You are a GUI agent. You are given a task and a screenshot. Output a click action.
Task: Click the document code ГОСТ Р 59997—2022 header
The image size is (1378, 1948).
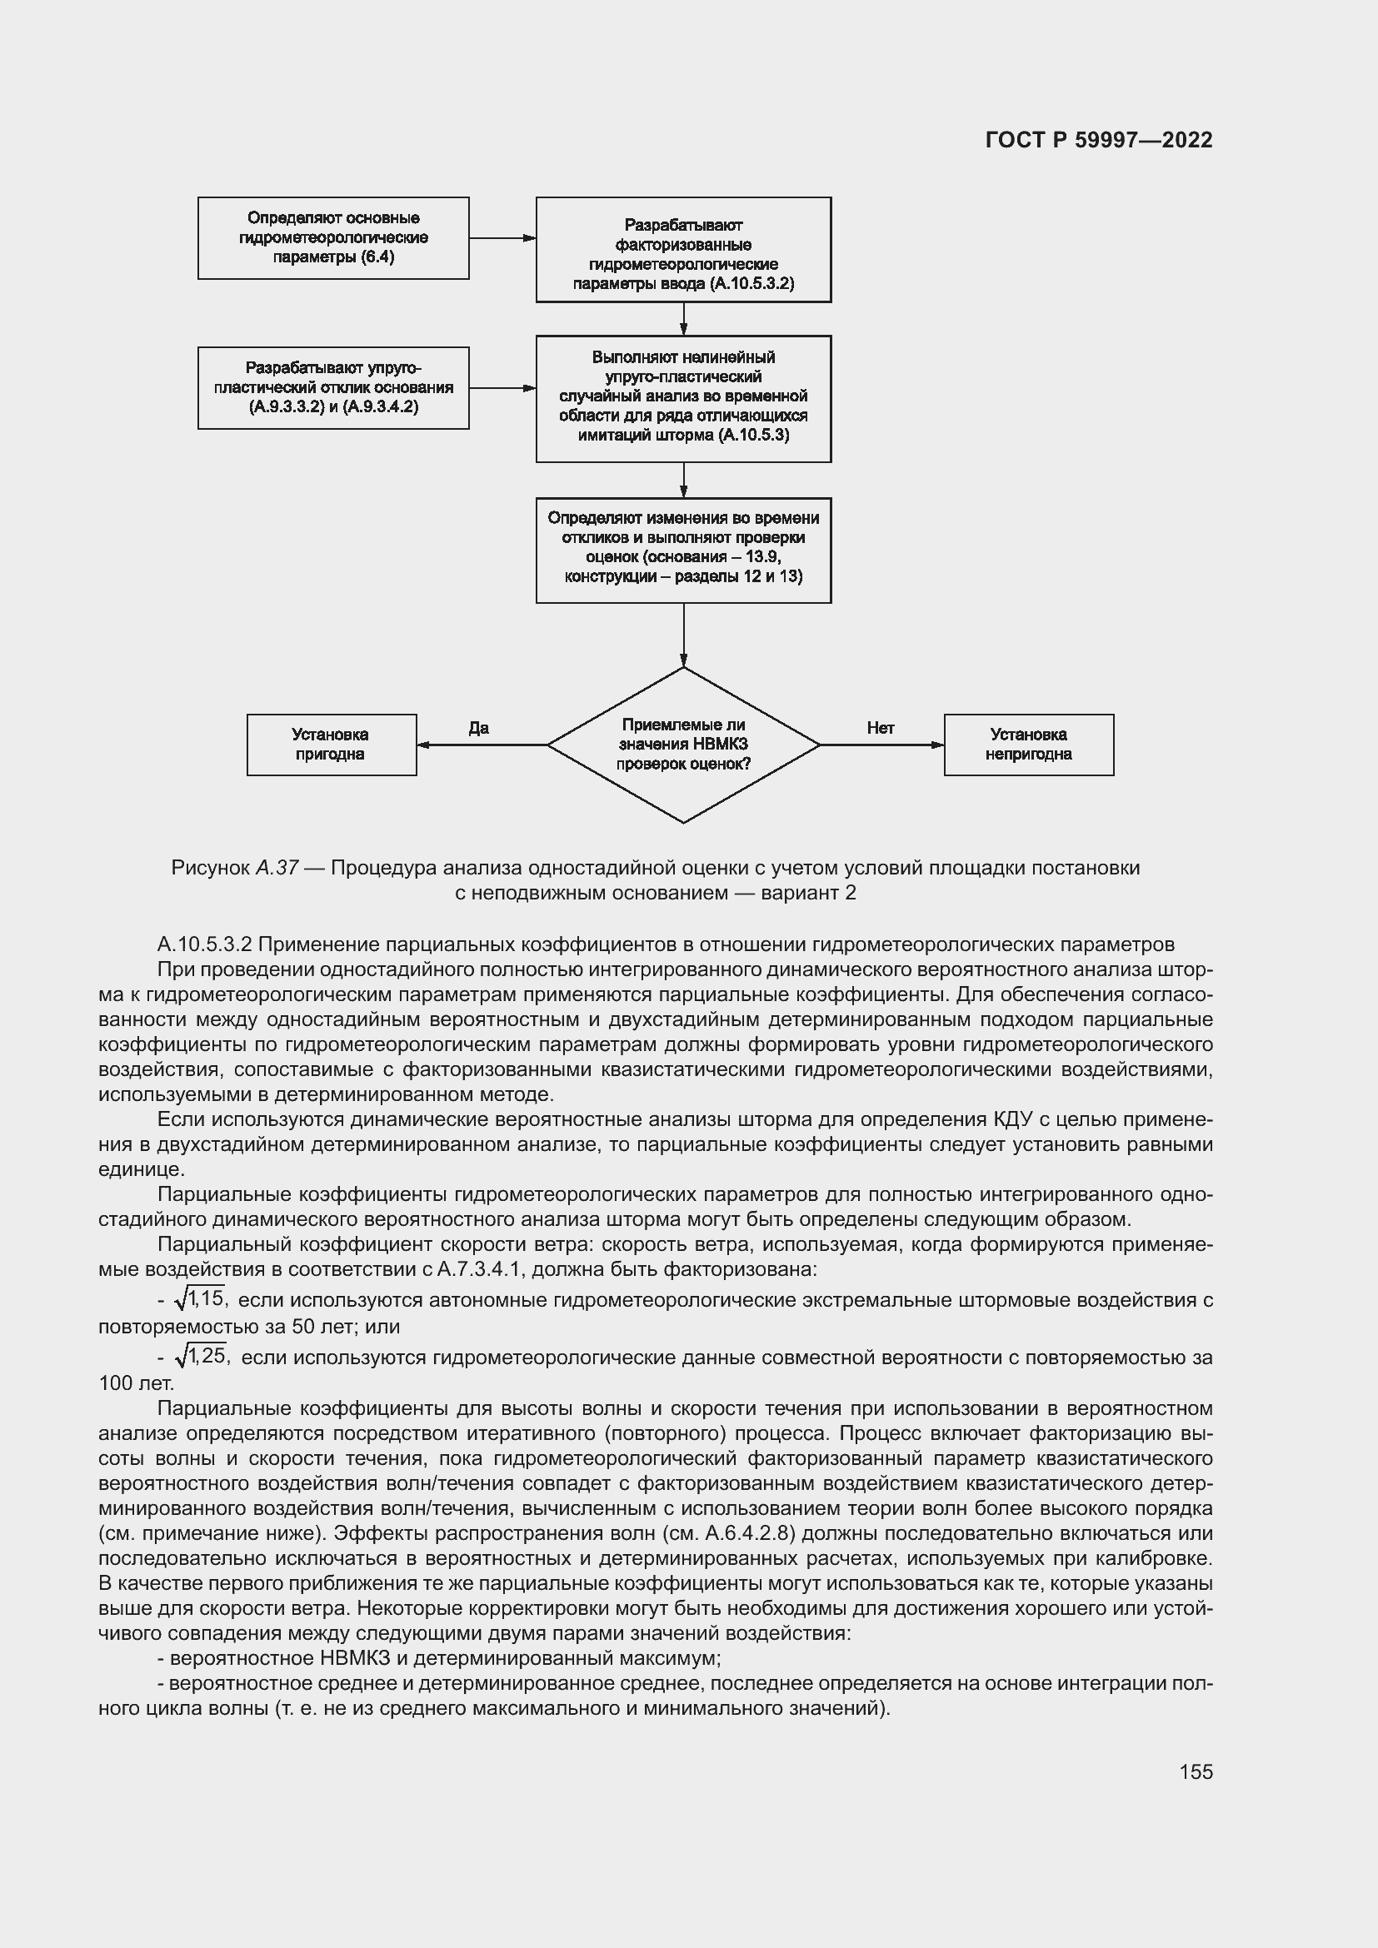coord(1098,141)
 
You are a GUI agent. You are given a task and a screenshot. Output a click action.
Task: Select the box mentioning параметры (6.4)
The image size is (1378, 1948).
coord(333,238)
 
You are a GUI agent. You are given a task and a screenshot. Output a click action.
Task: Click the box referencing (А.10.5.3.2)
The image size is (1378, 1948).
coord(683,251)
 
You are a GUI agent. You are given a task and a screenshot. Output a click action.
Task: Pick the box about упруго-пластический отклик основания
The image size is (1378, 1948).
coord(333,388)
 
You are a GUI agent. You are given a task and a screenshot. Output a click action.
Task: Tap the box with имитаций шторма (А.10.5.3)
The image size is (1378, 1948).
coord(683,399)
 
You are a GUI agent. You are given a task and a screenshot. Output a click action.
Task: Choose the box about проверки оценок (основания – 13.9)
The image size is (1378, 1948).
coord(683,550)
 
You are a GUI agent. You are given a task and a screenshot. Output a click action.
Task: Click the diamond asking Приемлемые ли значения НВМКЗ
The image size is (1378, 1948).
coord(683,745)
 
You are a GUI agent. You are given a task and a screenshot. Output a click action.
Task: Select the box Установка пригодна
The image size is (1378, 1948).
coord(332,745)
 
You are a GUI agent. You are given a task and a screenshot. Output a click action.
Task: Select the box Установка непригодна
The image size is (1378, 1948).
coord(1028,745)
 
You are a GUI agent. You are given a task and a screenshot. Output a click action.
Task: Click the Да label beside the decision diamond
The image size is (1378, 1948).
coord(478,728)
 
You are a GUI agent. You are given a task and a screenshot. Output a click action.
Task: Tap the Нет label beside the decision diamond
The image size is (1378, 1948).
coord(881,728)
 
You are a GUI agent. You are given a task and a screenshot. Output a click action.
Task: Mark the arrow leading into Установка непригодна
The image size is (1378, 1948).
coord(882,745)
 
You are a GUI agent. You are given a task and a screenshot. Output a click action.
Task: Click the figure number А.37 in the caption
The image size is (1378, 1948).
coord(277,868)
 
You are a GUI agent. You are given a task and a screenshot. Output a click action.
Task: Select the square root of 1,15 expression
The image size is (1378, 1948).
coord(199,1298)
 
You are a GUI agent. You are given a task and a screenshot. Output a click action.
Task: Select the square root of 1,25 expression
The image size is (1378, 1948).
coord(202,1356)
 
